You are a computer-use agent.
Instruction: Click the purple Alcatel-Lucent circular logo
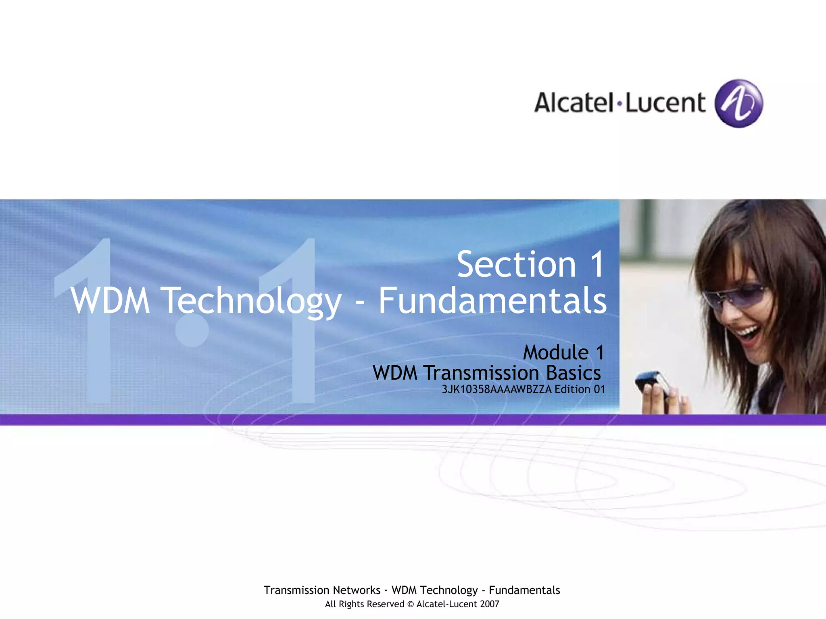(738, 103)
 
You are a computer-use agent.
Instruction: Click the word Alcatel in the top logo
(574, 103)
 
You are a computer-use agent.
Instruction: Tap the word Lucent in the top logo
(665, 103)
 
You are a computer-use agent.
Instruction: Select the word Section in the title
(516, 265)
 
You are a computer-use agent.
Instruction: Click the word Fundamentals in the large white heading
(492, 301)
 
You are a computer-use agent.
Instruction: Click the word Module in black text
(556, 353)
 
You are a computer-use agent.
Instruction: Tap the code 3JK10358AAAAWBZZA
(496, 389)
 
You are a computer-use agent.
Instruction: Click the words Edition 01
(580, 389)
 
